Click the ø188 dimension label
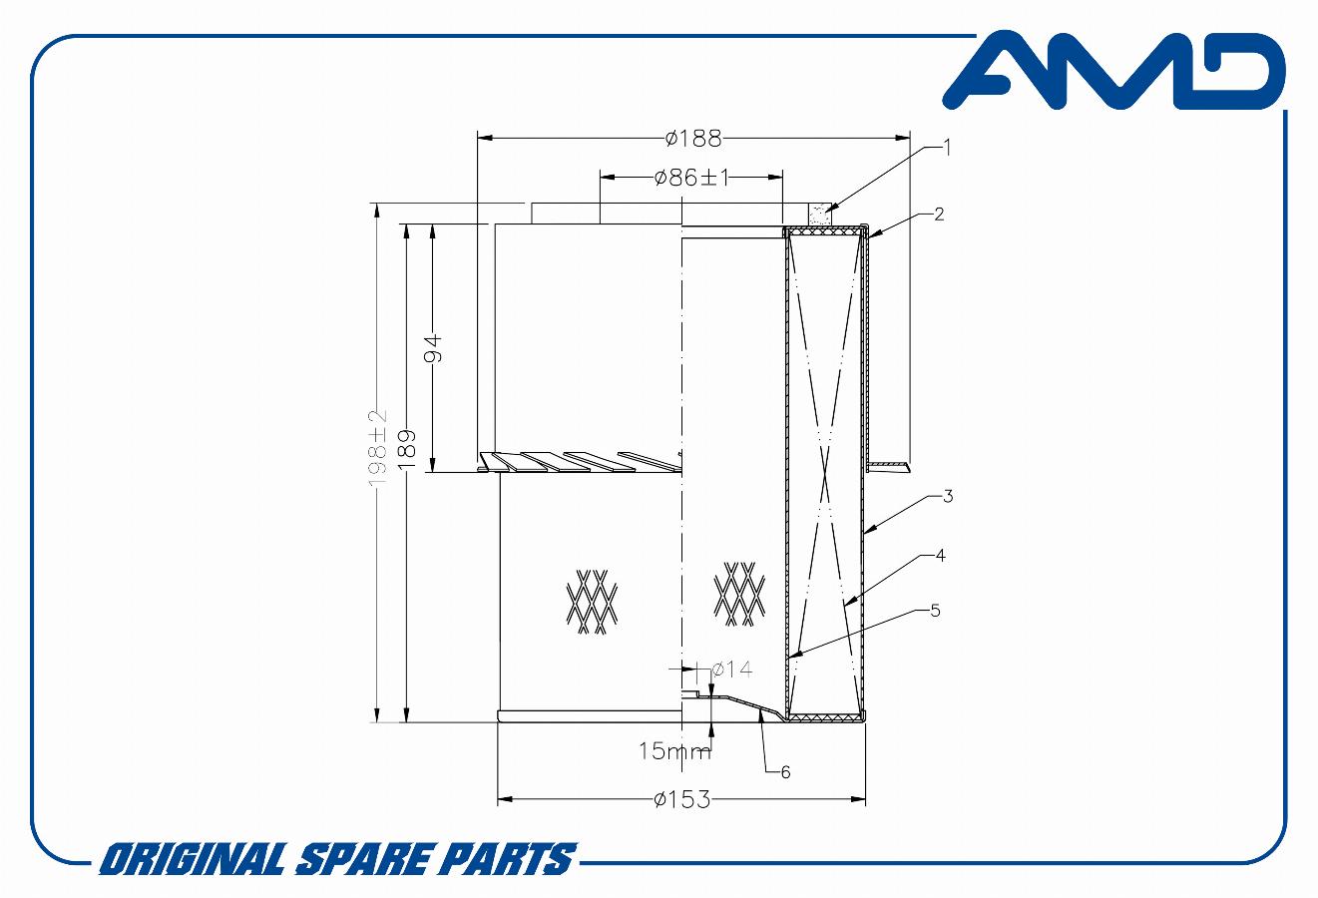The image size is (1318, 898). pos(692,139)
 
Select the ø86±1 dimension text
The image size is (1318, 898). pos(691,178)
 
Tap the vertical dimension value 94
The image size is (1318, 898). pos(433,348)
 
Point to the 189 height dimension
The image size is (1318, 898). pos(407,449)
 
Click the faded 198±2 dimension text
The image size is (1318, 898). pos(378,448)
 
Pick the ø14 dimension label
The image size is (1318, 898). pos(732,670)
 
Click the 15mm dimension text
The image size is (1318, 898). pos(674,751)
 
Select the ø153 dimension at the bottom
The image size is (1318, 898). pos(681,800)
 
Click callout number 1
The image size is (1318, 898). pos(947,147)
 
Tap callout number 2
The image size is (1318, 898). pos(939,214)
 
